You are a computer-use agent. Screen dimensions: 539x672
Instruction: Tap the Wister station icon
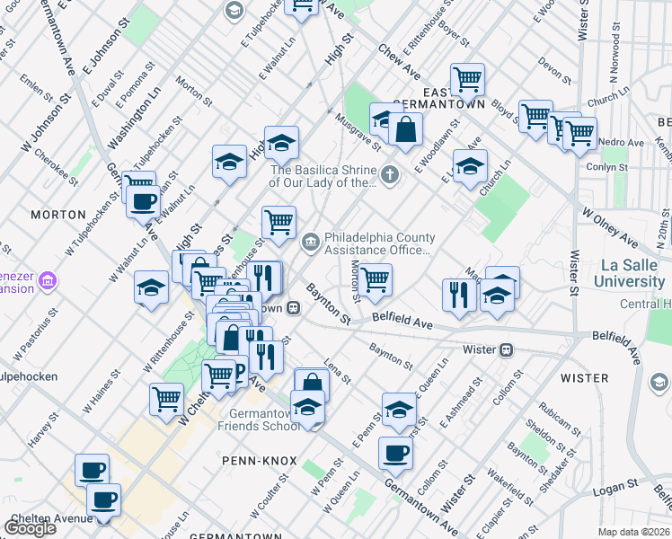pos(507,349)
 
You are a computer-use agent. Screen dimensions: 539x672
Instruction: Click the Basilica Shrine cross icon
pos(389,174)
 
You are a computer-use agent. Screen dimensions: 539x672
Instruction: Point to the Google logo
pos(30,527)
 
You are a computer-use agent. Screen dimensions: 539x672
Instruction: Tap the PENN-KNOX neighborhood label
pos(259,460)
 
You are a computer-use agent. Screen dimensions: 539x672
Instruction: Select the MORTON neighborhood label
pos(57,215)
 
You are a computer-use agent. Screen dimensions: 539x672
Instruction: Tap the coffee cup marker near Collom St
pos(393,452)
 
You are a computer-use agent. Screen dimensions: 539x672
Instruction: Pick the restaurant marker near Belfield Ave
pos(459,294)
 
